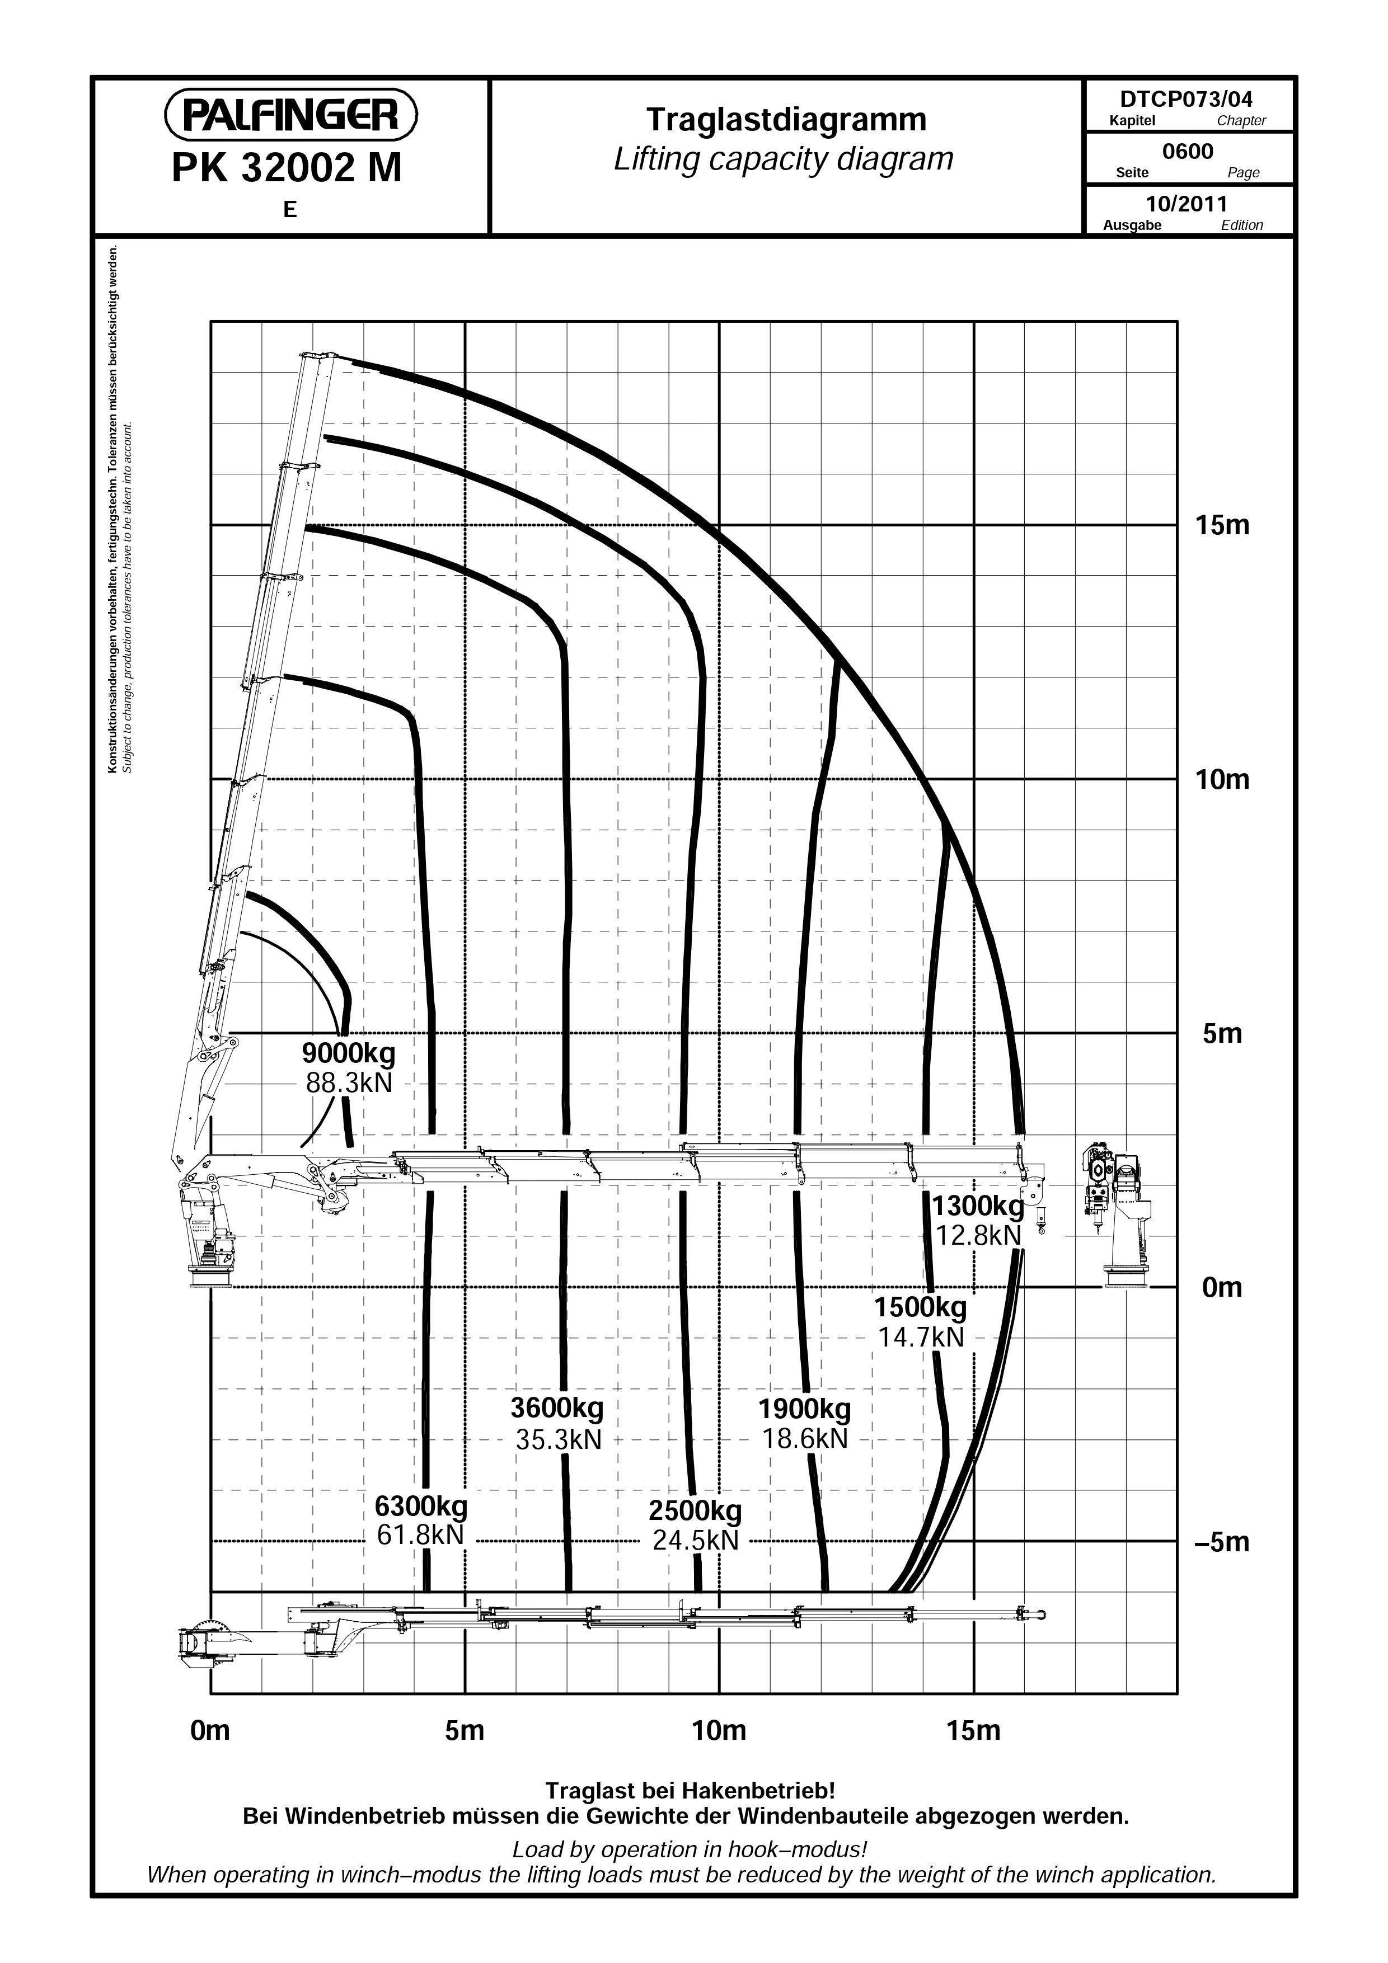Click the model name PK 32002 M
[x=287, y=168]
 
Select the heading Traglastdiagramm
[x=786, y=120]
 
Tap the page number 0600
[x=1188, y=152]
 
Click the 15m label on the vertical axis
[x=1222, y=525]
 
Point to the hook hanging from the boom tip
[x=1041, y=1223]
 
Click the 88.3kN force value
[x=349, y=1083]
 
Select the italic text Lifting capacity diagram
[x=784, y=159]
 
